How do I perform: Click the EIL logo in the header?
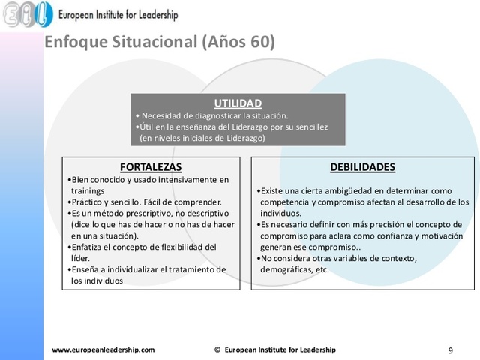pyautogui.click(x=27, y=13)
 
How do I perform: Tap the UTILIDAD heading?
pyautogui.click(x=238, y=103)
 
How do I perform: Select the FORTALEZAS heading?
pyautogui.click(x=151, y=166)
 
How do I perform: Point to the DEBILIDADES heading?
pyautogui.click(x=362, y=166)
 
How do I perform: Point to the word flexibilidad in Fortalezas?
pyautogui.click(x=179, y=247)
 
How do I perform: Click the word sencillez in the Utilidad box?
pyautogui.click(x=310, y=127)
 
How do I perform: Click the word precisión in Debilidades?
pyautogui.click(x=397, y=224)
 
